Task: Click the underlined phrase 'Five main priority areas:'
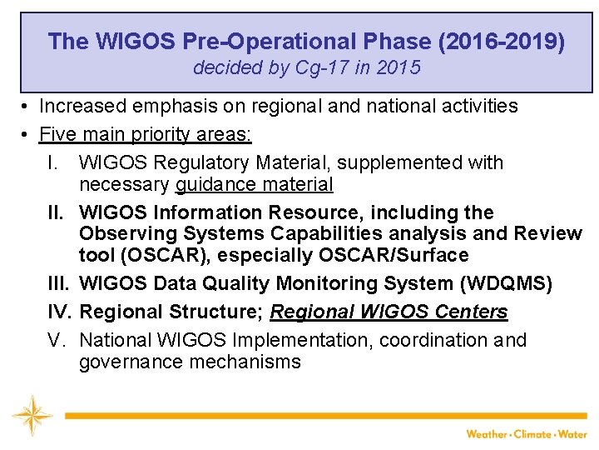(x=146, y=134)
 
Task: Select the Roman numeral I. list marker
(x=56, y=162)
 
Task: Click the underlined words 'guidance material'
(x=254, y=184)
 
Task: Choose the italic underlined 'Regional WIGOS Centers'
(x=389, y=312)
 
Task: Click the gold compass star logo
(x=32, y=415)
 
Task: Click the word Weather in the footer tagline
(x=488, y=434)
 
